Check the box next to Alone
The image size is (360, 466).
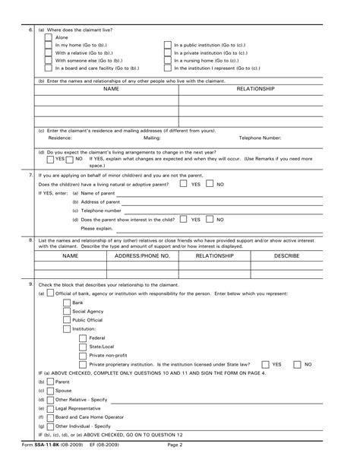coord(49,36)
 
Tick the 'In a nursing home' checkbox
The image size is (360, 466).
coord(168,60)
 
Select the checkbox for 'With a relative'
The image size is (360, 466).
coord(49,52)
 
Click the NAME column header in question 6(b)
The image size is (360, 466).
coord(111,89)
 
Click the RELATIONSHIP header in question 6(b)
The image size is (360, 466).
coord(255,89)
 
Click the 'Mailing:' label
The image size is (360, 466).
coord(152,138)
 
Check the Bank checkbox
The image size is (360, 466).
coord(66,302)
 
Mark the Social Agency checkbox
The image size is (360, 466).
coord(66,311)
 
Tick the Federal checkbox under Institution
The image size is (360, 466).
coord(83,338)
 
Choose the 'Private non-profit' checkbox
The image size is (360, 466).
coord(83,355)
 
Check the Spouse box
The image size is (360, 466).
coord(50,390)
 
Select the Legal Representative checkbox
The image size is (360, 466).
coord(50,408)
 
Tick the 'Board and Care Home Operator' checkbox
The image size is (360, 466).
coord(50,417)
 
